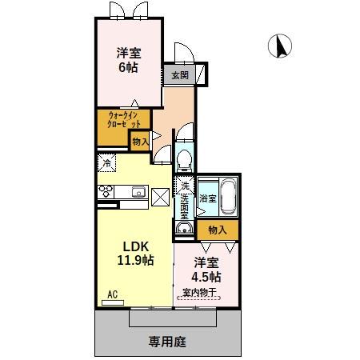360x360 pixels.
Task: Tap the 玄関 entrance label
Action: (x=178, y=76)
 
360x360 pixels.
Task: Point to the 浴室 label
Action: (x=206, y=197)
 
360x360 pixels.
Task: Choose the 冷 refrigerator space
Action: (x=106, y=162)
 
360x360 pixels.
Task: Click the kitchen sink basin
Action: (x=138, y=191)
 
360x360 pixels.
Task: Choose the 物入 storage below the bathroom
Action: (x=217, y=230)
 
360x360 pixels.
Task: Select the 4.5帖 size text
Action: (x=206, y=277)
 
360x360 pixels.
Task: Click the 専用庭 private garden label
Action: (x=167, y=341)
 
